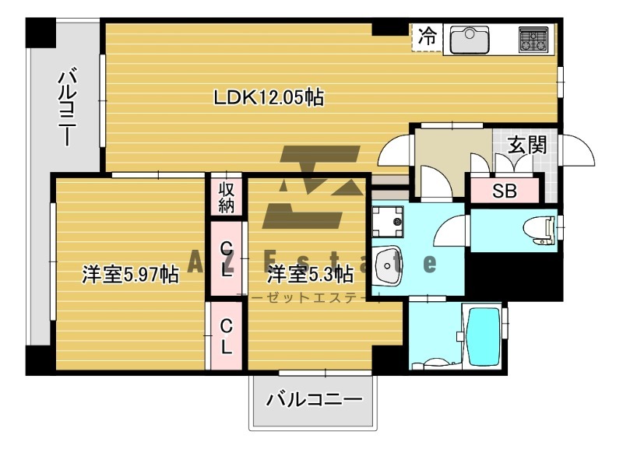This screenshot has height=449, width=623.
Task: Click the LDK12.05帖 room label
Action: pos(269,97)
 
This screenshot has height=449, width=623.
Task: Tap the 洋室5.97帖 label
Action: pos(131,275)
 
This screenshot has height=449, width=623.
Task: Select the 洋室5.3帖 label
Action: pos(311,275)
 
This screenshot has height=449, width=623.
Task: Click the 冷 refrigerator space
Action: pos(427,36)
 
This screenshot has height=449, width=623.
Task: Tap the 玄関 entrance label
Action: pos(526,146)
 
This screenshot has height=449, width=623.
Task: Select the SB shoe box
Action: pos(504,191)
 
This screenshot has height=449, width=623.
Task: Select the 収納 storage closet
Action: pos(227,198)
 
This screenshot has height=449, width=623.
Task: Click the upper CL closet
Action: pos(226,259)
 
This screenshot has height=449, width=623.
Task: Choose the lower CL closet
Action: pos(226,336)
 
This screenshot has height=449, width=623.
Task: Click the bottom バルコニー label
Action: pos(315,401)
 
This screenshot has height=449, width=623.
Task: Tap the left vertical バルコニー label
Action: pos(67,108)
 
